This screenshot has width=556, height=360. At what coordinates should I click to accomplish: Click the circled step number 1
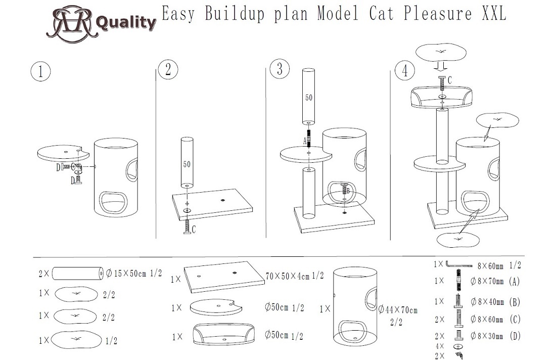click(40, 72)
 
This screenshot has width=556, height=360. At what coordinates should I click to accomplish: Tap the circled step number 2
click(168, 69)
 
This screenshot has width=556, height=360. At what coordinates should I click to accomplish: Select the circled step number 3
click(280, 68)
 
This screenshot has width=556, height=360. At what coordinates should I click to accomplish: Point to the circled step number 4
click(405, 70)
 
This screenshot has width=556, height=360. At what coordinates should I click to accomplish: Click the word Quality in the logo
click(126, 23)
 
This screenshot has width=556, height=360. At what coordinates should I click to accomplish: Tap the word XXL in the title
click(494, 14)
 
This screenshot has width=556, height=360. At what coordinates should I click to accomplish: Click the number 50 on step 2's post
click(187, 164)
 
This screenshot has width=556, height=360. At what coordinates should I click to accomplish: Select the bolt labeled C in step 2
click(187, 226)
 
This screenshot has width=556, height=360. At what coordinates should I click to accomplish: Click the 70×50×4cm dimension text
click(294, 276)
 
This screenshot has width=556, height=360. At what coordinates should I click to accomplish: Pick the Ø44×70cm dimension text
click(398, 310)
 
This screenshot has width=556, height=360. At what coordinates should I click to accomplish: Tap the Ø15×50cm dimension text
click(133, 273)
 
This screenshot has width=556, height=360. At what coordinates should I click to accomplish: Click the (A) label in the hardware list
click(514, 282)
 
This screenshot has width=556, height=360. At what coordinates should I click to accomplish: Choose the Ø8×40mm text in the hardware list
click(487, 302)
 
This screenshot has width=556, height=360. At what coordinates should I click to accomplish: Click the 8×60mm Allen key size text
click(490, 265)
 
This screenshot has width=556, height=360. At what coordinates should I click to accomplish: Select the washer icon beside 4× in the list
click(458, 346)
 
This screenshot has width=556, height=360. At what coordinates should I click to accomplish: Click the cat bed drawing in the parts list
click(224, 334)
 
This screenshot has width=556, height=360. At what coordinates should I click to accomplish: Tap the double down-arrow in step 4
click(442, 67)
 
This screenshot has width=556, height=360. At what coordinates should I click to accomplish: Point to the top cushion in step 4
click(440, 53)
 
